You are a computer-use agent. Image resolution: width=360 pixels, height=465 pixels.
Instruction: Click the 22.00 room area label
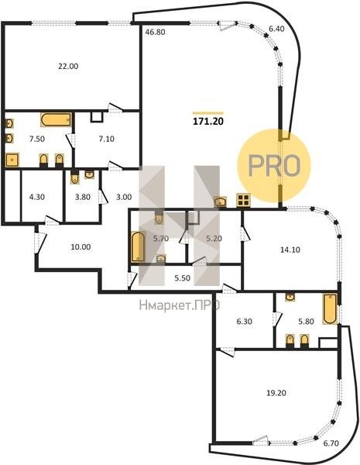point(68,66)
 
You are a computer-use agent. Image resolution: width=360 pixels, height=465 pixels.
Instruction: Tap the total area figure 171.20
point(208,122)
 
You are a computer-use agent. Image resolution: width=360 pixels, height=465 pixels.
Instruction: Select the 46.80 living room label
point(155,32)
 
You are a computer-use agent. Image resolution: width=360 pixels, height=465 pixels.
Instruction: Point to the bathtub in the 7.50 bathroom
point(56,120)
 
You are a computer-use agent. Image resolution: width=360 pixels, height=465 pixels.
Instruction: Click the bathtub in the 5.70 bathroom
point(138,246)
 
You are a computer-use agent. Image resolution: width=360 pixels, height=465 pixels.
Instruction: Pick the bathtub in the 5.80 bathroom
point(330,308)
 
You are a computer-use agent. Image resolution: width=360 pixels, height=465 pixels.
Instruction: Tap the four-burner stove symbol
point(244,200)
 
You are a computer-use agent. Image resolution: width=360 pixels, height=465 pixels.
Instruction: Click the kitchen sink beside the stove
point(220,201)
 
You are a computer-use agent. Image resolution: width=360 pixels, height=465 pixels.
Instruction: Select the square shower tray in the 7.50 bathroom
point(12,160)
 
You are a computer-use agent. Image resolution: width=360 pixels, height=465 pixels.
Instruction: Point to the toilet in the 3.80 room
point(74,178)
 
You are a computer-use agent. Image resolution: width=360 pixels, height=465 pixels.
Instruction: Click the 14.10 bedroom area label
point(290,250)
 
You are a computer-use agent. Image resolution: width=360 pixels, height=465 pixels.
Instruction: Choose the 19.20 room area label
point(276,393)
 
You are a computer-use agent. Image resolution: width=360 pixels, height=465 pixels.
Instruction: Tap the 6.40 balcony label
point(276,29)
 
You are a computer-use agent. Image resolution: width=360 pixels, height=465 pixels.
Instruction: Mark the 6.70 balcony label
point(331,443)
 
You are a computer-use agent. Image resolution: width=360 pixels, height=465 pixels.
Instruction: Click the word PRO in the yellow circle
point(274,166)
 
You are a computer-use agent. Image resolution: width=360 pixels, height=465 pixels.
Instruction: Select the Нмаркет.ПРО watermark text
point(180,305)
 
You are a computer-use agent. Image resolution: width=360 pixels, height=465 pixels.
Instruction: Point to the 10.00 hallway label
point(81,246)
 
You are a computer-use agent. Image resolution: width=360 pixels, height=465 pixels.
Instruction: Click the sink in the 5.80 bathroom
point(290,297)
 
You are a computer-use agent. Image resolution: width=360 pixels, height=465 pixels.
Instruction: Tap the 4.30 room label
point(37,197)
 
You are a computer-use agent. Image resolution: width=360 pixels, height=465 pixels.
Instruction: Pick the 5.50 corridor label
point(182,278)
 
